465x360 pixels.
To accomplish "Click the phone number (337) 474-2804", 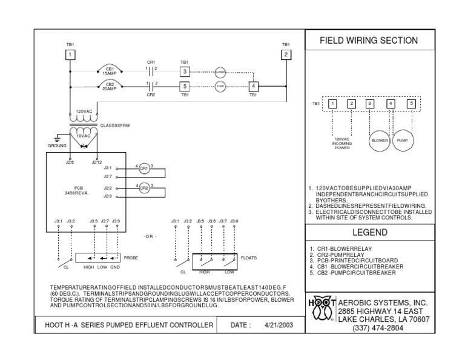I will pos(377,328).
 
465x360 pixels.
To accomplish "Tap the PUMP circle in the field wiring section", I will pos(402,140).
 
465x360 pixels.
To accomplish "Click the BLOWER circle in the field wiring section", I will pos(379,140).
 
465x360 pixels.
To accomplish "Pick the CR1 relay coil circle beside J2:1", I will pos(144,168).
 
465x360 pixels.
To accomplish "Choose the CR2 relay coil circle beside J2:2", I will pos(144,188).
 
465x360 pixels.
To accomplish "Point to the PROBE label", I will pos(131,258).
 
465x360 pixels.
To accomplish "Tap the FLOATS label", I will pos(249,258).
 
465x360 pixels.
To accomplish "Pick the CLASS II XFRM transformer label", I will pos(115,125).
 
